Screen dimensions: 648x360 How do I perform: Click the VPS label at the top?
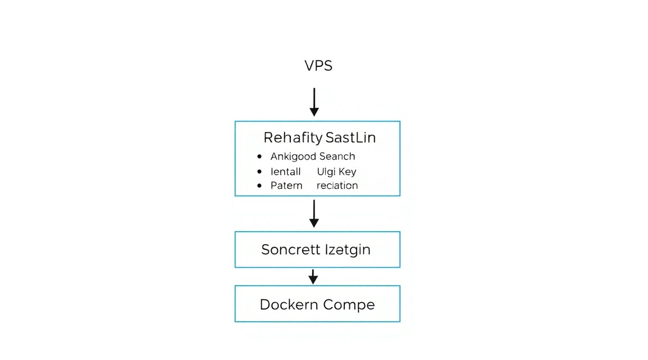(x=318, y=65)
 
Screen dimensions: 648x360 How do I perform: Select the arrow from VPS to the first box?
(x=314, y=102)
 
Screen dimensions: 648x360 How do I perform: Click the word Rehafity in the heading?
(x=293, y=137)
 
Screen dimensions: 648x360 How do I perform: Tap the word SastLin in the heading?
(x=350, y=137)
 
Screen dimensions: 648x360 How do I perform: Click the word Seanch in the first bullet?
(x=337, y=156)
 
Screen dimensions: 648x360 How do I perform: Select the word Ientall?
(x=286, y=172)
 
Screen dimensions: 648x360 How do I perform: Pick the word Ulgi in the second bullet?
(x=326, y=172)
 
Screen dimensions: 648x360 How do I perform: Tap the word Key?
(x=347, y=172)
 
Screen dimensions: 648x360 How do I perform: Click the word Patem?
(x=286, y=186)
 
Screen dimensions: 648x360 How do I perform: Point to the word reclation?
(x=337, y=186)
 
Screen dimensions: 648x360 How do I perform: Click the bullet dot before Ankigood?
(x=259, y=156)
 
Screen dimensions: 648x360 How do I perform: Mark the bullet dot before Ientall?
(x=259, y=171)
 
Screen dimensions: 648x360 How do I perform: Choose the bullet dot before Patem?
(x=259, y=186)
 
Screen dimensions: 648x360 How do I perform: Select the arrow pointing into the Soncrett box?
(x=314, y=214)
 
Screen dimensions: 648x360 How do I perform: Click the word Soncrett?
(x=291, y=250)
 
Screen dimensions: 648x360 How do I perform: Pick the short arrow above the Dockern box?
(x=313, y=277)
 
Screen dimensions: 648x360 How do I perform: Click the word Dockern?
(x=289, y=305)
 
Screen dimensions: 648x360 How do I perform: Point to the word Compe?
(x=349, y=305)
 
